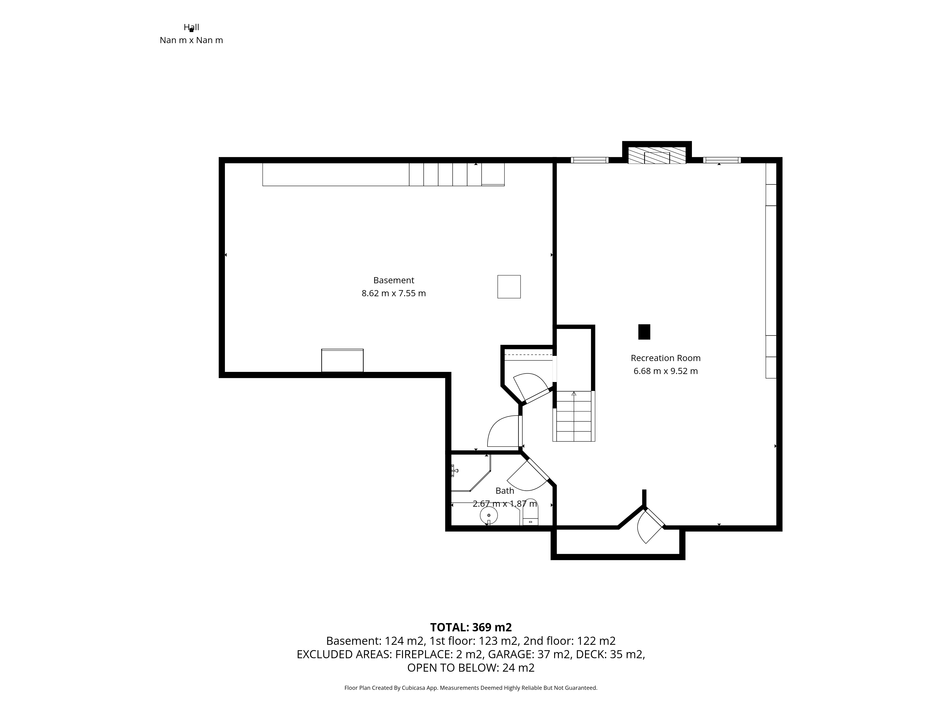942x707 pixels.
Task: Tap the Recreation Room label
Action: click(x=666, y=358)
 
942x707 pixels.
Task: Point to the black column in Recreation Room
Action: click(x=644, y=332)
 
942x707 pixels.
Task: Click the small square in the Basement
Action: click(x=509, y=287)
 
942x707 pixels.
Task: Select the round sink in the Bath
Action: click(x=489, y=516)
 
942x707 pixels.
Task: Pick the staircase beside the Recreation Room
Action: click(x=574, y=416)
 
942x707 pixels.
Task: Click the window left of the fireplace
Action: click(x=589, y=160)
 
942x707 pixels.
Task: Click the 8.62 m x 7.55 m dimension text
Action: click(x=394, y=293)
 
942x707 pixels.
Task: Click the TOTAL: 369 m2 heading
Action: click(x=471, y=627)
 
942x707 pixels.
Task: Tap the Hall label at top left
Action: click(x=191, y=27)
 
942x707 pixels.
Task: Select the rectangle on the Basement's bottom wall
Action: click(x=342, y=361)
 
